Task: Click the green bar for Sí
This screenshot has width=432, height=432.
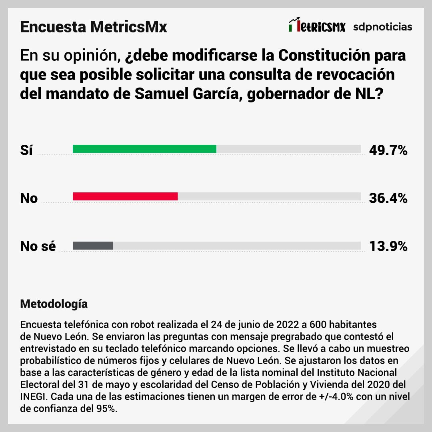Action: [144, 149]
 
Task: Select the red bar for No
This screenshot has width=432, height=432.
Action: [125, 196]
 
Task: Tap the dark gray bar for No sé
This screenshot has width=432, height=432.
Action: [93, 246]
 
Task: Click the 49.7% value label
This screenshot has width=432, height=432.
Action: [388, 150]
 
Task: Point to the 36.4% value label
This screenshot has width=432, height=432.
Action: [388, 198]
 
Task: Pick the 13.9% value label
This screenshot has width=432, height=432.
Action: [388, 246]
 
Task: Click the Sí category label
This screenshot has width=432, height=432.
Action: [26, 150]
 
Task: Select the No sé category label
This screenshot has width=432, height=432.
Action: [38, 246]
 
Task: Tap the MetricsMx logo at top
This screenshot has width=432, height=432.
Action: [316, 26]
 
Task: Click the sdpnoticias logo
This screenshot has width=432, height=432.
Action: [382, 27]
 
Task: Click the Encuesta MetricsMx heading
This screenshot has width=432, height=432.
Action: [93, 27]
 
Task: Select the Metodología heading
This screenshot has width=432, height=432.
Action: [54, 304]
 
